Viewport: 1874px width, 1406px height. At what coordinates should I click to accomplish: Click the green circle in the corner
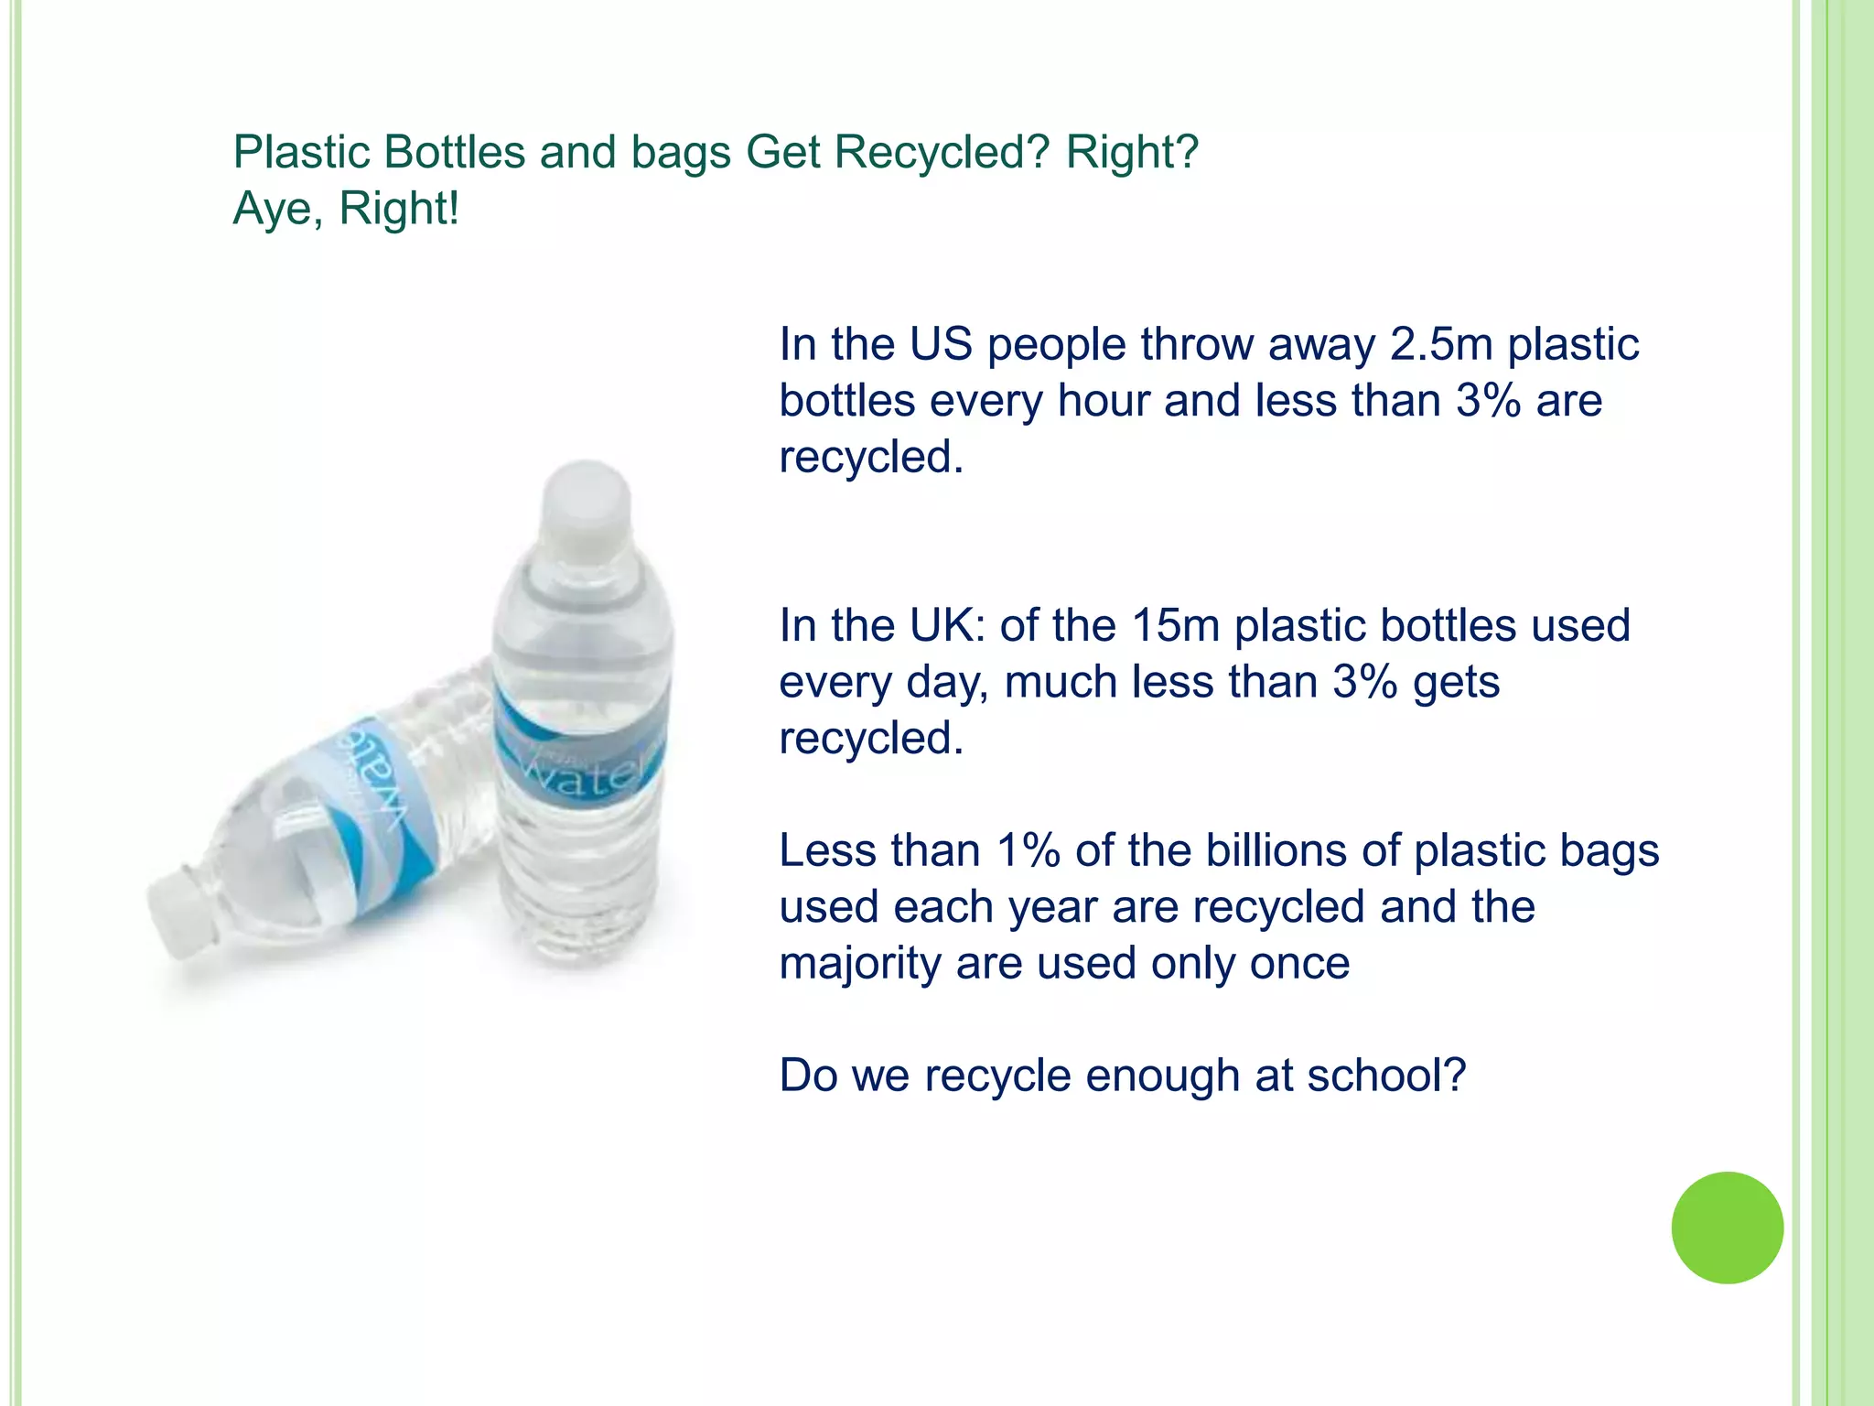click(x=1727, y=1228)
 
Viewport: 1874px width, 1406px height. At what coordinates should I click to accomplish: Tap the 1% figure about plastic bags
click(x=1029, y=850)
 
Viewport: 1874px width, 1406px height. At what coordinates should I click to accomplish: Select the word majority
click(x=860, y=964)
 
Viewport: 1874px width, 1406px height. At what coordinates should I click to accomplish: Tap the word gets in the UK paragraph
click(x=1456, y=683)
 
